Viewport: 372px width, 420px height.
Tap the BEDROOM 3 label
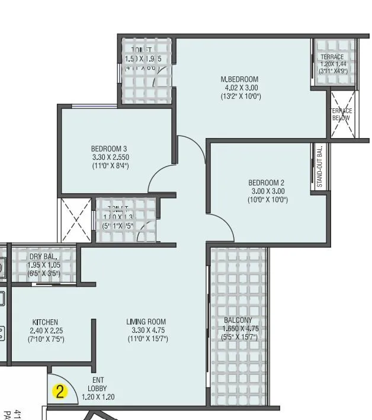coord(110,149)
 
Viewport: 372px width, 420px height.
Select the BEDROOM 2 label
coord(267,182)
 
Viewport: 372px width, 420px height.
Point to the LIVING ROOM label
coord(146,322)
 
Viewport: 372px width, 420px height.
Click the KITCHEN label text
coord(46,322)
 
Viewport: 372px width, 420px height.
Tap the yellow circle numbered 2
coord(60,391)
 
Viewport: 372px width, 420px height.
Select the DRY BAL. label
coord(43,257)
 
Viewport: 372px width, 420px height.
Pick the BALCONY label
coord(238,320)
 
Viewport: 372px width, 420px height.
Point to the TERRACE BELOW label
coord(341,114)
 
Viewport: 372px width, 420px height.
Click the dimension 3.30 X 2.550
coord(110,158)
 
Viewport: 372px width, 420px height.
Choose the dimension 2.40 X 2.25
coord(46,331)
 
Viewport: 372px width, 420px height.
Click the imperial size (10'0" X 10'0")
coord(267,200)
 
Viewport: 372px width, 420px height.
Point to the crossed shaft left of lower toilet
coord(76,220)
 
